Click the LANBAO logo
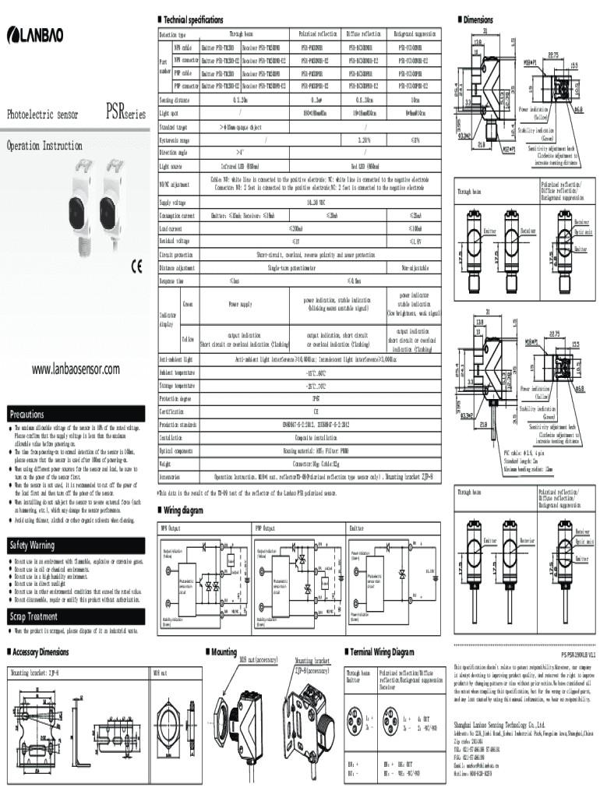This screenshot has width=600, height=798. tap(37, 35)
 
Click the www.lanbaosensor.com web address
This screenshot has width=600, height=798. tap(76, 369)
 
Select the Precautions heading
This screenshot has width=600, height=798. tap(26, 414)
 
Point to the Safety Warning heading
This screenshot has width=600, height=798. tap(32, 545)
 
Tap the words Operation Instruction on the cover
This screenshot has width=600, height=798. tap(44, 146)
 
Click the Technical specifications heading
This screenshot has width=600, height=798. tap(193, 19)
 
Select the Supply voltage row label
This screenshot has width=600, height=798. tap(174, 202)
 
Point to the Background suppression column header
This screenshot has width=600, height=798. tap(414, 34)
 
